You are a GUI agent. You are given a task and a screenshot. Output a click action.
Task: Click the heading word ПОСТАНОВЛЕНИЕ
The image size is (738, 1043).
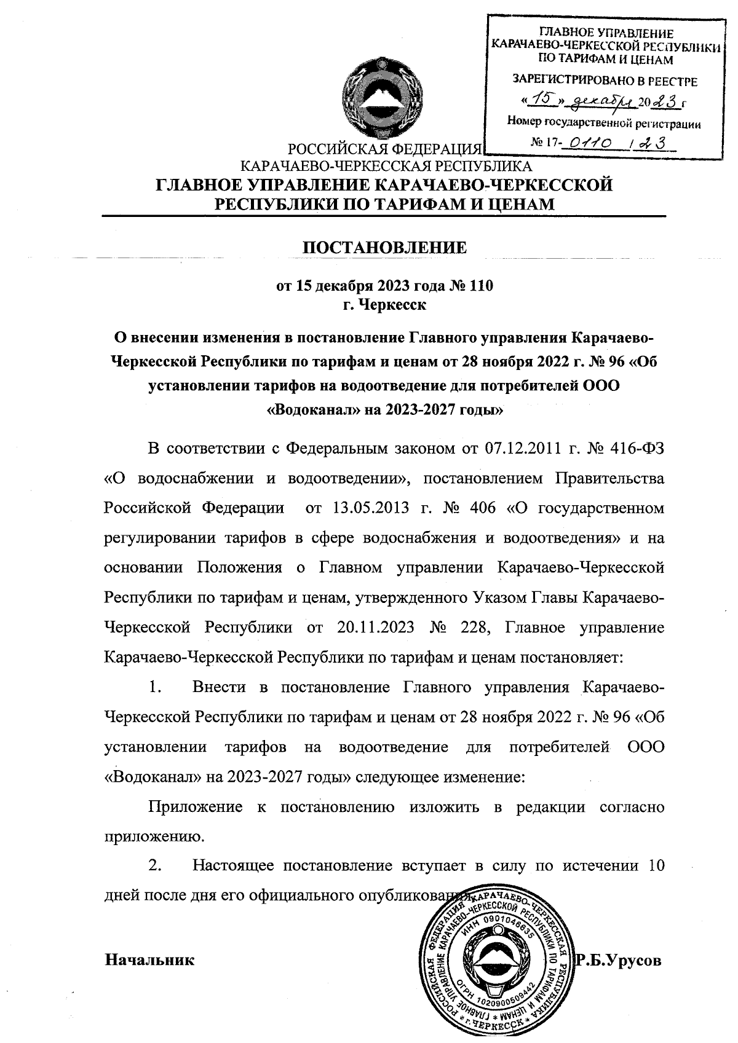(x=386, y=247)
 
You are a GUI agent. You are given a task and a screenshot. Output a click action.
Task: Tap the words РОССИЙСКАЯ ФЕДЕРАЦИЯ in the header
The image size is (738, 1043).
(x=384, y=149)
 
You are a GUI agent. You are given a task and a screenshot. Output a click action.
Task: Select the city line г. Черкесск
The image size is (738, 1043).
(x=384, y=304)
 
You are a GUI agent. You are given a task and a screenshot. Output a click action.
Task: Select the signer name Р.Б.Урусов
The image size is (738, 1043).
(x=618, y=959)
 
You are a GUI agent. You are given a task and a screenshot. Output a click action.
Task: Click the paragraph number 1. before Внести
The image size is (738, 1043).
(x=154, y=687)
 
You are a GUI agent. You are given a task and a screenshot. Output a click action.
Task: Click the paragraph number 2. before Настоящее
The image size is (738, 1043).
(x=154, y=867)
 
